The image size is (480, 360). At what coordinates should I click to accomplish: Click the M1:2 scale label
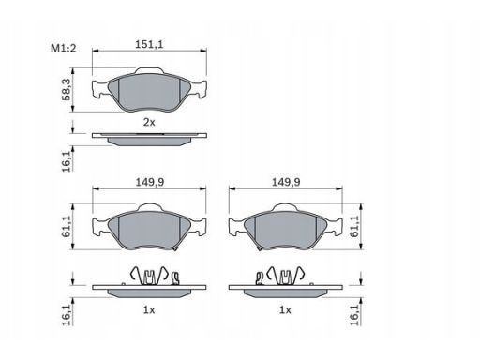[x=64, y=49]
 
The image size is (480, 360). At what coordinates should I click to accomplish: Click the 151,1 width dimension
[x=149, y=44]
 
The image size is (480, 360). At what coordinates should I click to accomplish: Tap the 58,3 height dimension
[x=67, y=89]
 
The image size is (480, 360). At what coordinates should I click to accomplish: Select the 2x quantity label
[x=149, y=122]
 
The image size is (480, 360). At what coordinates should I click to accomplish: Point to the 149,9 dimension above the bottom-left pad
[x=150, y=182]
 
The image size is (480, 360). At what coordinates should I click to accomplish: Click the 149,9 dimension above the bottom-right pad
[x=286, y=182]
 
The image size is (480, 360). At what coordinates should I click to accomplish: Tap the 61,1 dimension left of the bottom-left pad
[x=67, y=226]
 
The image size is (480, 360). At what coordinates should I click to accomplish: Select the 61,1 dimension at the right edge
[x=354, y=226]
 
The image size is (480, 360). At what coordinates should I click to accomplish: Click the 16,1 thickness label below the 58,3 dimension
[x=67, y=161]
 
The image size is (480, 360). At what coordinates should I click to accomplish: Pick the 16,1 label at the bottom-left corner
[x=67, y=315]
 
